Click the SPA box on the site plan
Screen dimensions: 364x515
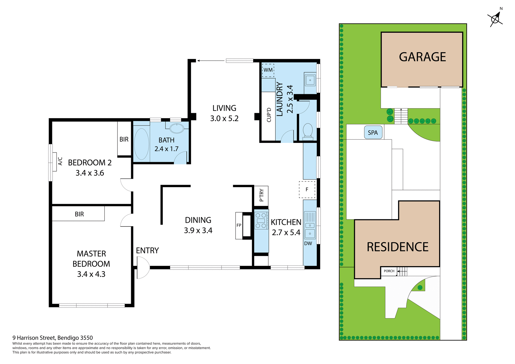pyautogui.click(x=373, y=132)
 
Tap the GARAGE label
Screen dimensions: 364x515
pyautogui.click(x=422, y=57)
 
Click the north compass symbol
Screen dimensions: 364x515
pyautogui.click(x=495, y=19)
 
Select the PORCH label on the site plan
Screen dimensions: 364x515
pyautogui.click(x=389, y=271)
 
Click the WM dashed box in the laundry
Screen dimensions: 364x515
pyautogui.click(x=268, y=70)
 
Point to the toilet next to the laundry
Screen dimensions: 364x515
pyautogui.click(x=308, y=131)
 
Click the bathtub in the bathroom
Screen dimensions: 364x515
pyautogui.click(x=141, y=144)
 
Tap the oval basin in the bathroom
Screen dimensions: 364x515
pyautogui.click(x=177, y=128)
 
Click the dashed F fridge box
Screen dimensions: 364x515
pyautogui.click(x=307, y=190)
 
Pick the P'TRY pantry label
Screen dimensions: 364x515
pyautogui.click(x=262, y=195)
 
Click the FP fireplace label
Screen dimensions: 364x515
pyautogui.click(x=239, y=225)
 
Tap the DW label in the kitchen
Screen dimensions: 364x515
pyautogui.click(x=308, y=243)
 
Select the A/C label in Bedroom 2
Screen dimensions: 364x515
pyautogui.click(x=60, y=161)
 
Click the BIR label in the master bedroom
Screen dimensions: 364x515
pyautogui.click(x=79, y=214)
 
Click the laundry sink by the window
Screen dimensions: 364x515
pyautogui.click(x=310, y=80)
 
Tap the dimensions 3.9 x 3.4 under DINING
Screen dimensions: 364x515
pyautogui.click(x=198, y=231)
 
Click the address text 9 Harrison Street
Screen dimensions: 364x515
pyautogui.click(x=53, y=338)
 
